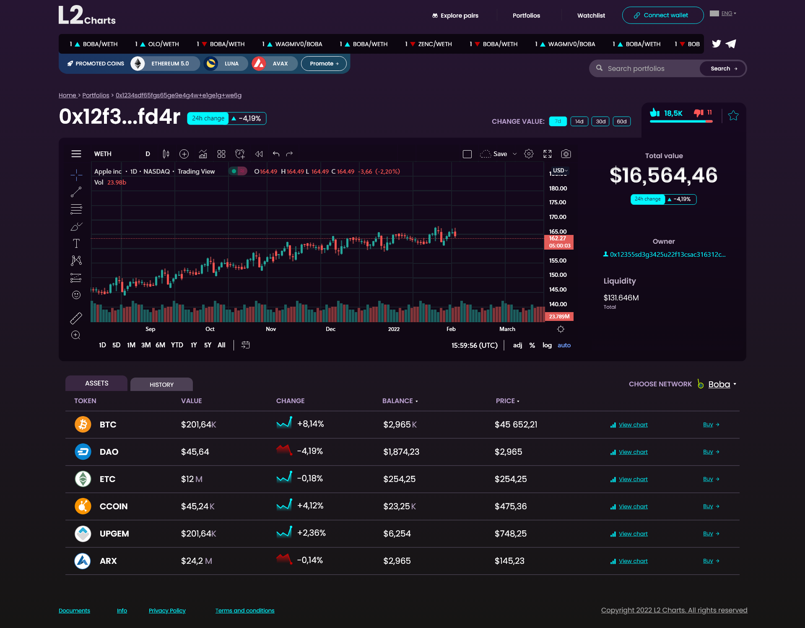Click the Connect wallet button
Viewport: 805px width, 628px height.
tap(662, 16)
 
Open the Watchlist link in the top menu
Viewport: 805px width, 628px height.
tap(591, 16)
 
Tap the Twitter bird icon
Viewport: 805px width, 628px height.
tap(716, 44)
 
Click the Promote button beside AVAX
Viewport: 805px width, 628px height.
tap(324, 64)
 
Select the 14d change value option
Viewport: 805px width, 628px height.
tap(579, 122)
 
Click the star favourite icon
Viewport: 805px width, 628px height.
tap(733, 115)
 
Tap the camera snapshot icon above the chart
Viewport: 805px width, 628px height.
tap(566, 154)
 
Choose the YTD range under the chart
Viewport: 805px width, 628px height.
tap(177, 345)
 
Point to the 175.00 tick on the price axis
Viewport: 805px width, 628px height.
tap(558, 202)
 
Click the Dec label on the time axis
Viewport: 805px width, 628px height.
tap(330, 329)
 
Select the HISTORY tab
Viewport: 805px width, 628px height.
tap(161, 384)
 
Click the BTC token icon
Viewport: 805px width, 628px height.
tap(83, 425)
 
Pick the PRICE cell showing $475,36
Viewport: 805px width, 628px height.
tap(511, 506)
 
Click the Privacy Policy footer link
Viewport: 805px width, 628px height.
tap(167, 610)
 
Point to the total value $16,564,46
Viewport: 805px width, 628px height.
tap(664, 175)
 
